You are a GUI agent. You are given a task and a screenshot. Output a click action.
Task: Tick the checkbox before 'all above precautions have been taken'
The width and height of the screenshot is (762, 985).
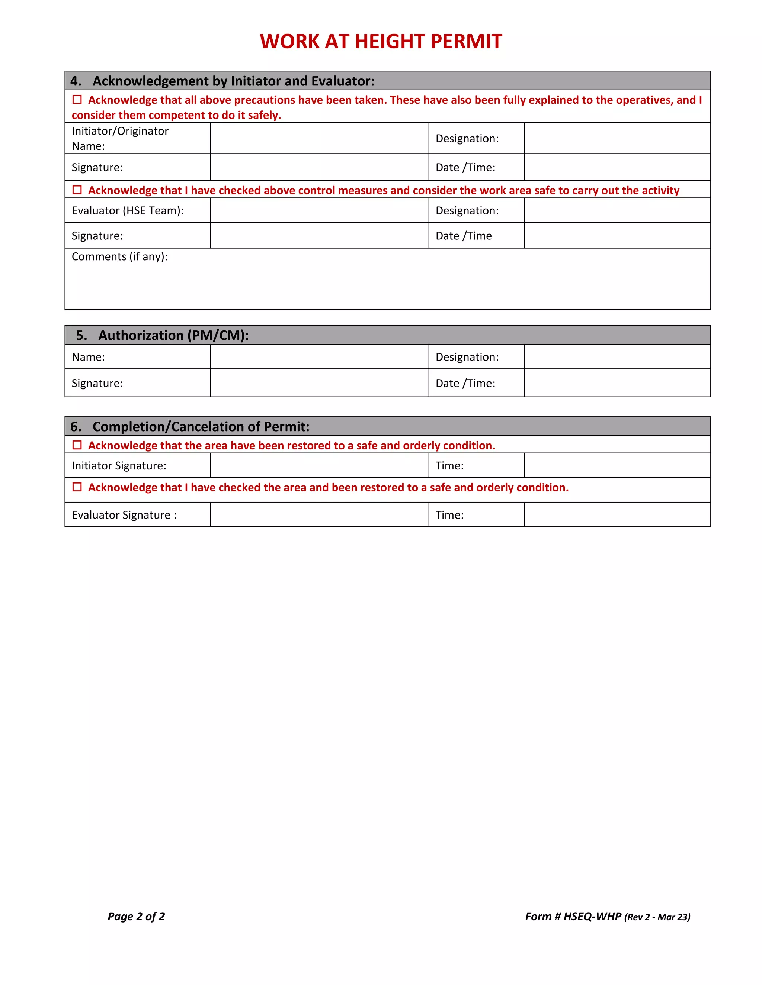(77, 99)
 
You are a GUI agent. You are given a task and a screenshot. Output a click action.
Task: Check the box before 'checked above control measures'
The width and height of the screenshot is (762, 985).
(77, 190)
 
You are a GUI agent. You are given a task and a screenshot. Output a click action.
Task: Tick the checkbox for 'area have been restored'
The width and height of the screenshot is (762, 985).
(77, 445)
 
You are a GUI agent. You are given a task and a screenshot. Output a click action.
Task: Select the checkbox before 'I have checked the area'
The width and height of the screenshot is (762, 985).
(77, 487)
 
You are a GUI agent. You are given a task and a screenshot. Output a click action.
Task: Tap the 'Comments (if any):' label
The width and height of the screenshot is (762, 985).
(120, 256)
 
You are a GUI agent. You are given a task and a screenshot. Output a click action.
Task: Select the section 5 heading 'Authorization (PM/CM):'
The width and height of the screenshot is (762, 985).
(173, 335)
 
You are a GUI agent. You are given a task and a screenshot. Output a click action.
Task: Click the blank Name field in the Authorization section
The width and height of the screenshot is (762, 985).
(319, 357)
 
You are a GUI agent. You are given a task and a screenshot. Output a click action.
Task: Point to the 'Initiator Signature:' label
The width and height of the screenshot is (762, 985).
(119, 465)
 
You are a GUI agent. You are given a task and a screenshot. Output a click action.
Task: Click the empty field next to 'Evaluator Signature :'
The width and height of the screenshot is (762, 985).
(319, 514)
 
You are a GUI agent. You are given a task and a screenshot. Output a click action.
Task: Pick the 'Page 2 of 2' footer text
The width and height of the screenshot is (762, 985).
(136, 916)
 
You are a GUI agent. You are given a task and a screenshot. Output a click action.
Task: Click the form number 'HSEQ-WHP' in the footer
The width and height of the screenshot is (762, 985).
(592, 916)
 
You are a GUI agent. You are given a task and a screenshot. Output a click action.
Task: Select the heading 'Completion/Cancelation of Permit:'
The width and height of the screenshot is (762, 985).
(201, 427)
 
